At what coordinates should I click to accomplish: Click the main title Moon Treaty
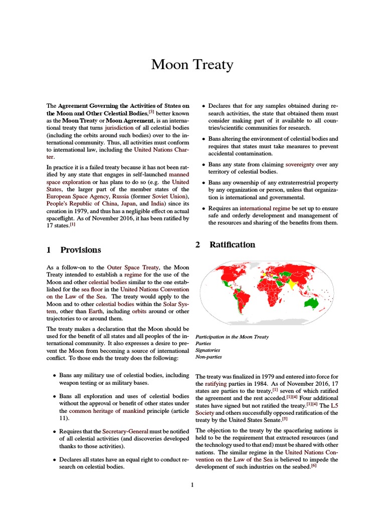tap(192, 65)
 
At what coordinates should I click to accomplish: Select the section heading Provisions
tap(80, 250)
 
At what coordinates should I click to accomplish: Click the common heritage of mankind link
tap(102, 411)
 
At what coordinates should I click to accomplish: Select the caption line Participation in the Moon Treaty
tap(232, 337)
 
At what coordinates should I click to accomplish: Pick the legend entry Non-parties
tap(208, 357)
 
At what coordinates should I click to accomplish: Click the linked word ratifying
tap(216, 383)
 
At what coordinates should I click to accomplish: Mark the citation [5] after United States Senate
tap(285, 405)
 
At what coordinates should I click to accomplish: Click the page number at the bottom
tap(192, 485)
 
